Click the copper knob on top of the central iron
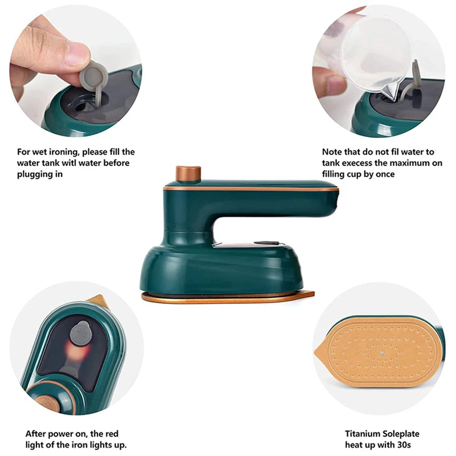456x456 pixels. coord(188,173)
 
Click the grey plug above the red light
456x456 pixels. coord(81,334)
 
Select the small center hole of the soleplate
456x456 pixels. coord(382,353)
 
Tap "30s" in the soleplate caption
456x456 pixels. coord(404,445)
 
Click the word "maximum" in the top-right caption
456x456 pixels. coord(409,163)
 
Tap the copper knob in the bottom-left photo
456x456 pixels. coord(47,404)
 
